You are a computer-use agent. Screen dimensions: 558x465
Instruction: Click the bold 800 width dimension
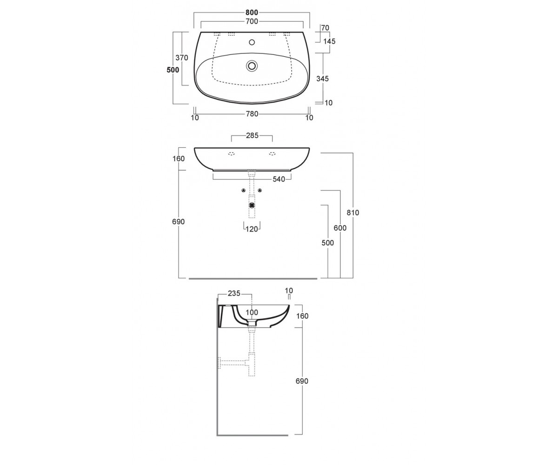[252, 13]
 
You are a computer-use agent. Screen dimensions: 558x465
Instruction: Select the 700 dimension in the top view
[252, 21]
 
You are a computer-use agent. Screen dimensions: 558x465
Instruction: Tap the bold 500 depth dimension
[173, 70]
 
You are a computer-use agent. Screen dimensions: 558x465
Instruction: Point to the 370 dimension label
[182, 58]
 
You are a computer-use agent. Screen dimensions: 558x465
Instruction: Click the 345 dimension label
[322, 79]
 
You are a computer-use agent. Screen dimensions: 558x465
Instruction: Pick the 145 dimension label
[329, 41]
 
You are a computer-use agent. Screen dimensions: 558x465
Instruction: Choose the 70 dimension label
[325, 28]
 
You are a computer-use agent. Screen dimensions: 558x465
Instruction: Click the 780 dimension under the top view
[252, 114]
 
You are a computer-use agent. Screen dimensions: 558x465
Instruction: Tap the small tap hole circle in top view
[252, 42]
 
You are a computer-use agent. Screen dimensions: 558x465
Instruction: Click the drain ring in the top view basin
[252, 66]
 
